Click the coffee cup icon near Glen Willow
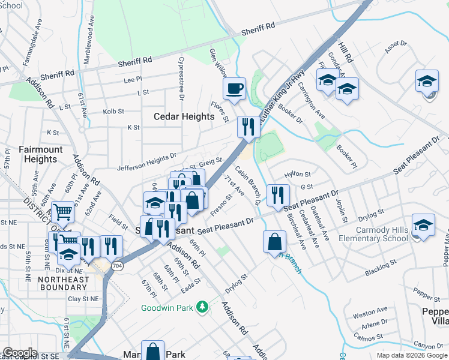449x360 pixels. pyautogui.click(x=234, y=89)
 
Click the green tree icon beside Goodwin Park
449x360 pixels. pyautogui.click(x=203, y=308)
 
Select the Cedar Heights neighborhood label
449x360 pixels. pyautogui.click(x=184, y=116)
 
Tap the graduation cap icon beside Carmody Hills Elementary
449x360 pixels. pyautogui.click(x=423, y=224)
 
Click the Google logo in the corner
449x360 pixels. pyautogui.click(x=20, y=353)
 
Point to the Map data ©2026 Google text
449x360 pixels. pyautogui.click(x=412, y=355)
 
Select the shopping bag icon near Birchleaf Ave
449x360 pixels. pyautogui.click(x=274, y=241)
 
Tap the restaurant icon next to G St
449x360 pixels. pyautogui.click(x=278, y=194)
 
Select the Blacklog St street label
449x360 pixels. pyautogui.click(x=381, y=268)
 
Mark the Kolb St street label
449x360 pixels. pyautogui.click(x=113, y=111)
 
